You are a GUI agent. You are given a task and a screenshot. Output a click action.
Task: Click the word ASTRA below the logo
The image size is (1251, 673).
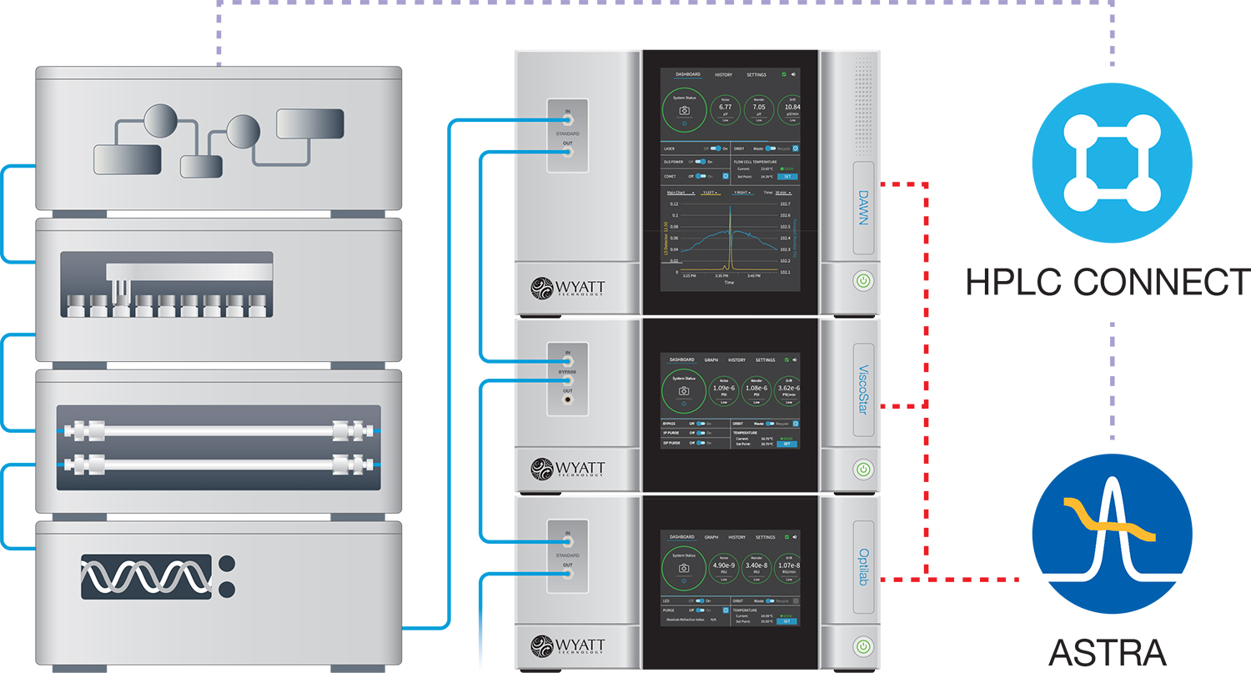[1108, 652]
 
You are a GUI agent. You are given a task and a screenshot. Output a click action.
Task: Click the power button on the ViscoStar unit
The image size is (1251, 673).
[863, 469]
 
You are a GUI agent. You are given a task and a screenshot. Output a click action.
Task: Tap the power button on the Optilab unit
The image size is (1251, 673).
[863, 645]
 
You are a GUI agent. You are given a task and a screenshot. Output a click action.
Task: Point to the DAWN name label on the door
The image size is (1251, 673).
[864, 208]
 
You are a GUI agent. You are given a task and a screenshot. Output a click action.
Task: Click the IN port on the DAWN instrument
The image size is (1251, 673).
[567, 120]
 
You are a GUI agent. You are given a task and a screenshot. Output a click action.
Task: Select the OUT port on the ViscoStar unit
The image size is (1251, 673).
[567, 401]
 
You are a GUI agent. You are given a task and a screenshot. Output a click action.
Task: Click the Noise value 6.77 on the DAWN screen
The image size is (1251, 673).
[726, 108]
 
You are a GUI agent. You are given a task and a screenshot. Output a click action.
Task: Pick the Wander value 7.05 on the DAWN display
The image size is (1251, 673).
[758, 108]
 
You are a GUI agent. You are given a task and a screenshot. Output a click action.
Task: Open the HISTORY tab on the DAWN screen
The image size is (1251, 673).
[723, 75]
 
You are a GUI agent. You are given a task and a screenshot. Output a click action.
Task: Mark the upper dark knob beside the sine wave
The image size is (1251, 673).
[225, 563]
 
